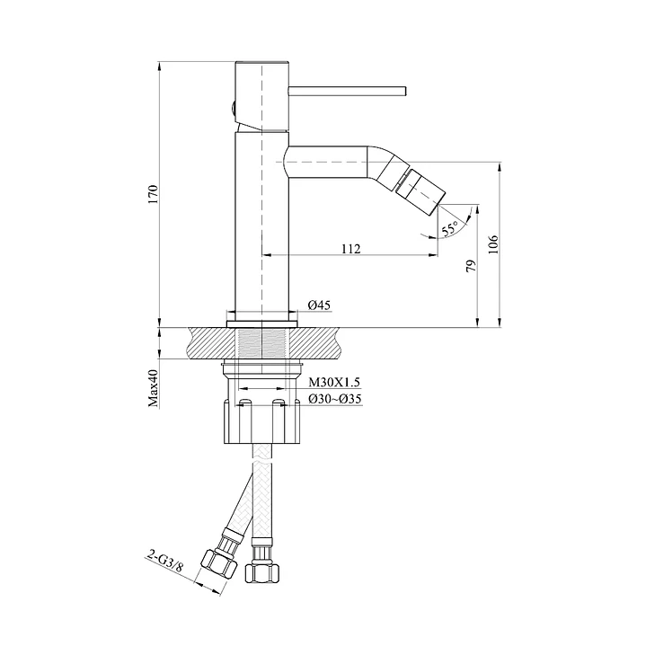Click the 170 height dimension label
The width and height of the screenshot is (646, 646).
tap(153, 195)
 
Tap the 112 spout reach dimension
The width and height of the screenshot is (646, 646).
tap(350, 249)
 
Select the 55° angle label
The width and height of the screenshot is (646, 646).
tap(449, 228)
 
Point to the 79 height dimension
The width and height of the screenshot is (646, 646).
tap(471, 265)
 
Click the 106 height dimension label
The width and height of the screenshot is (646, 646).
tap(493, 244)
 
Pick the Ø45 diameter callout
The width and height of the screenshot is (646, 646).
tap(319, 305)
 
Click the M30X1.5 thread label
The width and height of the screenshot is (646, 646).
tap(334, 383)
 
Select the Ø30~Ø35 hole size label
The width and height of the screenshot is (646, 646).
tap(335, 399)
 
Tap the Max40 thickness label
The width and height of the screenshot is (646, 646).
tap(153, 388)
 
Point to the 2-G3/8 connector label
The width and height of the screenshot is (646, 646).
tap(164, 562)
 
